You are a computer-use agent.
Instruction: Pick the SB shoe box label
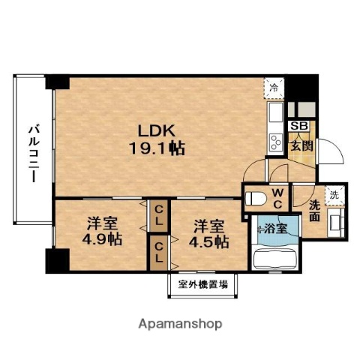pyautogui.click(x=298, y=126)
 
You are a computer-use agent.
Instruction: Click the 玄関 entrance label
pyautogui.click(x=302, y=145)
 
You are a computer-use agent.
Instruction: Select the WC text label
pyautogui.click(x=276, y=199)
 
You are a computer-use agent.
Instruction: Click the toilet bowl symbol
pyautogui.click(x=255, y=199)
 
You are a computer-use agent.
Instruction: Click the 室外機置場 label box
pyautogui.click(x=202, y=285)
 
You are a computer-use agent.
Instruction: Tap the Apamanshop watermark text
pyautogui.click(x=180, y=324)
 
